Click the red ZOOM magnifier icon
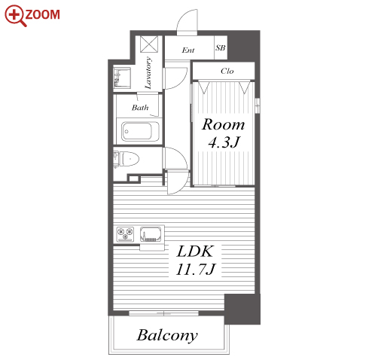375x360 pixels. click(15, 15)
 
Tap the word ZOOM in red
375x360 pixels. click(42, 14)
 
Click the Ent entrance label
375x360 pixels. click(188, 50)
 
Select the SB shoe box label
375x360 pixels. click(221, 47)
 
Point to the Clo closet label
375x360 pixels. click(227, 71)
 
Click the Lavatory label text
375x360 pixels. click(148, 73)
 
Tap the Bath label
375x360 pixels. click(140, 108)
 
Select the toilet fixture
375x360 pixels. click(127, 159)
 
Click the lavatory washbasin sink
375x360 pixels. click(122, 78)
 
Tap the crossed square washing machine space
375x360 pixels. click(149, 44)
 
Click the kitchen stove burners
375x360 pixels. click(125, 234)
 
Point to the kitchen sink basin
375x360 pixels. click(151, 234)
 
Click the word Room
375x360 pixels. click(224, 124)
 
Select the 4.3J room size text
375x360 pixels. click(224, 142)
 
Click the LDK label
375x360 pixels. click(195, 252)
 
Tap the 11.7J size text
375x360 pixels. click(196, 270)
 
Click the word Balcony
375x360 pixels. click(167, 335)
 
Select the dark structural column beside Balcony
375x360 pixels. click(242, 309)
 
